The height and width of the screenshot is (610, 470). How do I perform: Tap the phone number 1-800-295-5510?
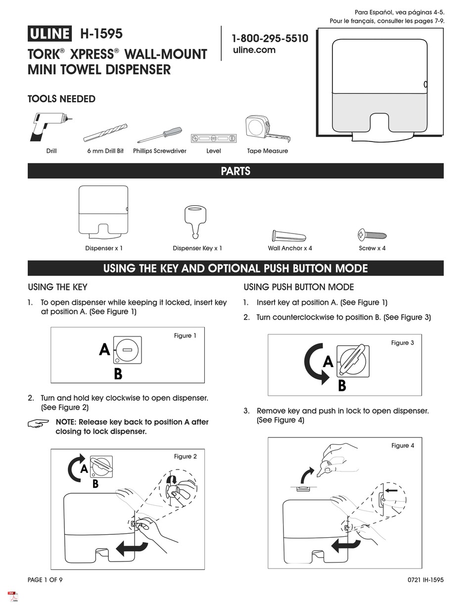(270, 39)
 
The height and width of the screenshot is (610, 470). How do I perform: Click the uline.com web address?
(254, 50)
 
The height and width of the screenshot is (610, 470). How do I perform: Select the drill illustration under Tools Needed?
(49, 127)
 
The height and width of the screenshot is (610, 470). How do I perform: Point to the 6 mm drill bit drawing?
(105, 133)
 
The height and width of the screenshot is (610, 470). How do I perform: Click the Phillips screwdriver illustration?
(159, 135)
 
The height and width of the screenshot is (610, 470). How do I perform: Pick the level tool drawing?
(214, 139)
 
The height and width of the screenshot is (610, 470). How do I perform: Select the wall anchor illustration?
(289, 235)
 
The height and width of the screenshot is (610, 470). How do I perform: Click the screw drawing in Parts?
(372, 235)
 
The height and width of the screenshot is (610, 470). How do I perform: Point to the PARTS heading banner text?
(235, 171)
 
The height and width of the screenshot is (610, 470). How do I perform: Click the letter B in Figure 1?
(118, 374)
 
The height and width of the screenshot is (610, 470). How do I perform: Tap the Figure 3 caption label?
(402, 343)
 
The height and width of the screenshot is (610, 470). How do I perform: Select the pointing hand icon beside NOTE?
(39, 423)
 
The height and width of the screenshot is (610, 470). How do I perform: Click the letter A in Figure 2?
(84, 468)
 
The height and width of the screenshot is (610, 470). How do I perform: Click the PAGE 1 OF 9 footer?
(45, 580)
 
